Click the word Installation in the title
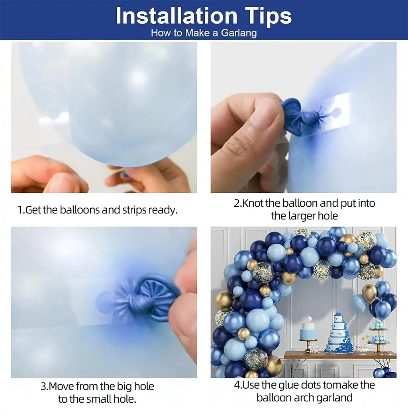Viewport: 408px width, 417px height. pyautogui.click(x=177, y=16)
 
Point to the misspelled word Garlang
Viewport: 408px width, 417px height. pyautogui.click(x=239, y=33)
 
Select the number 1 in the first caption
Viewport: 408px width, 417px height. pyautogui.click(x=20, y=210)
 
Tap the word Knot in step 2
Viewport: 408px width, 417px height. pyautogui.click(x=253, y=203)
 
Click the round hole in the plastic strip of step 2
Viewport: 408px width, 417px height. pyautogui.click(x=336, y=112)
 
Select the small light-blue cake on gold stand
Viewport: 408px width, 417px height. pyautogui.click(x=308, y=332)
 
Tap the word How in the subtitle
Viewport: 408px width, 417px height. pyautogui.click(x=161, y=33)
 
